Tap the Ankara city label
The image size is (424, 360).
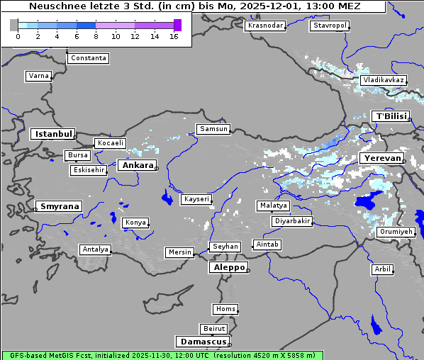(137, 165)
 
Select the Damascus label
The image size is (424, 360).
(202, 342)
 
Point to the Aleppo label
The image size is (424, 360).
(228, 268)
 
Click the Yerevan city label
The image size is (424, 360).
(381, 158)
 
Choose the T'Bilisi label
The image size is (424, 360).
(390, 116)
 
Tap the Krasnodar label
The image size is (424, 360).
(265, 26)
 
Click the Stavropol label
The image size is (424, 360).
(330, 26)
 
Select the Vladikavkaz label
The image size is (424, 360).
(383, 80)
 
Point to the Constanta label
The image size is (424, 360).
(89, 58)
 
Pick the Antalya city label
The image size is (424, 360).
(95, 249)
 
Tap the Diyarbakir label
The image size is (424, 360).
(291, 221)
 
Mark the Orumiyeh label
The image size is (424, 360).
(395, 232)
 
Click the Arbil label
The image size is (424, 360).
(382, 269)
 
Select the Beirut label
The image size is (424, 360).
(213, 329)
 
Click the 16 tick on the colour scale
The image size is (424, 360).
(174, 36)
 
